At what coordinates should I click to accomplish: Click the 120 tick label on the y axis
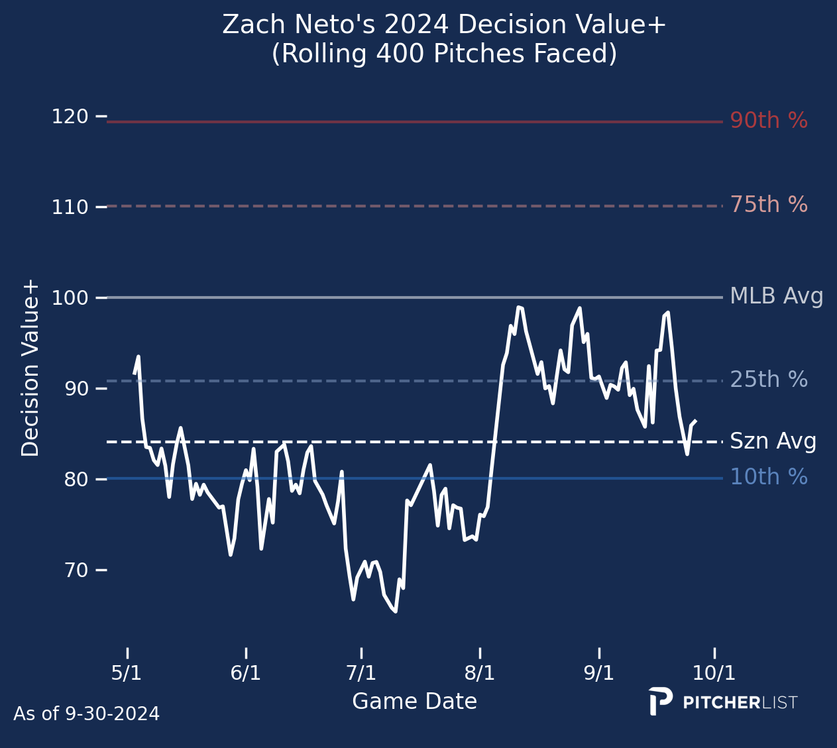(x=70, y=117)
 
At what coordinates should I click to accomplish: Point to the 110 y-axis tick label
(x=70, y=208)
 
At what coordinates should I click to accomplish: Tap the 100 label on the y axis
(x=70, y=299)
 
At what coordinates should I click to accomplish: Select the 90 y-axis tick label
(x=76, y=389)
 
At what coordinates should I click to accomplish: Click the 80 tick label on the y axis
(x=76, y=480)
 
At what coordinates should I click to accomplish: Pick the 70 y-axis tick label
(x=76, y=570)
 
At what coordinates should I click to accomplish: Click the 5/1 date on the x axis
(x=127, y=673)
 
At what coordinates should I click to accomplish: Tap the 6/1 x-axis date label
(x=246, y=673)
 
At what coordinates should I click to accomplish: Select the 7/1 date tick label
(x=361, y=673)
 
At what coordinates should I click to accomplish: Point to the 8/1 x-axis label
(x=480, y=673)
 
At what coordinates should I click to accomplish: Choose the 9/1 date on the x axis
(x=599, y=673)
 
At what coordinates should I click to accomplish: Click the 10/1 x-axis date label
(x=714, y=673)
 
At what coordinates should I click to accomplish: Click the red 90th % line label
(x=769, y=121)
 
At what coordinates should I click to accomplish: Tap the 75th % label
(x=769, y=205)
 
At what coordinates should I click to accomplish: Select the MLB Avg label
(x=776, y=297)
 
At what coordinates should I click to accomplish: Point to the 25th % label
(x=769, y=380)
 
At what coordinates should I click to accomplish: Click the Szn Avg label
(x=773, y=441)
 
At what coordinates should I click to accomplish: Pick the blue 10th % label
(x=769, y=477)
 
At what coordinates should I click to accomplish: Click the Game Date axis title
(x=414, y=702)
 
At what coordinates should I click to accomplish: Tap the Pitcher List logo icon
(x=660, y=701)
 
